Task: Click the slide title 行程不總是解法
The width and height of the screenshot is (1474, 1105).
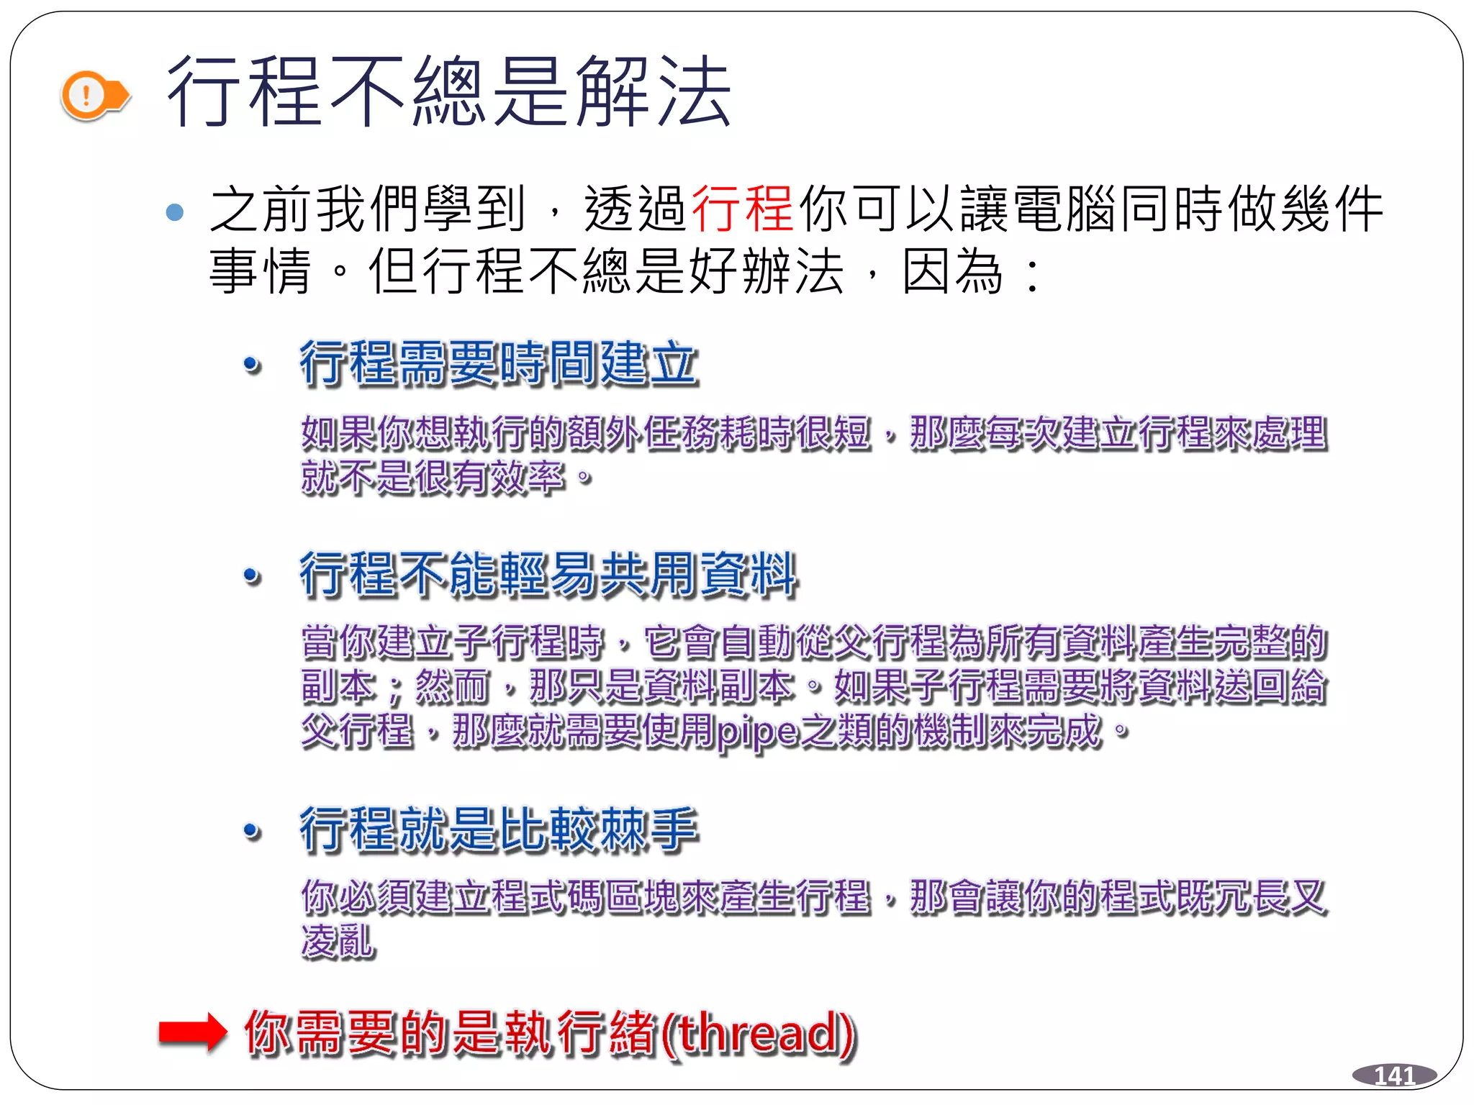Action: [448, 92]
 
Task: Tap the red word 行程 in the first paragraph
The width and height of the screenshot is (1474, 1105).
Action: [742, 209]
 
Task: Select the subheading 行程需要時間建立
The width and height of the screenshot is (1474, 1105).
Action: [499, 363]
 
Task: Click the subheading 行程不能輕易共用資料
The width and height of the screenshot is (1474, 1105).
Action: [548, 574]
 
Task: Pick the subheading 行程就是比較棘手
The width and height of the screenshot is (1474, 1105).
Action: [499, 829]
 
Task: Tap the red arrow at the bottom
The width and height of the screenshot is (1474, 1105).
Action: [192, 1032]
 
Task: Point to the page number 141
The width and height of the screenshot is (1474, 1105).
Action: [1394, 1075]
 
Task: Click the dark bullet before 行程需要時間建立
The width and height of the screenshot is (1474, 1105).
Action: [252, 365]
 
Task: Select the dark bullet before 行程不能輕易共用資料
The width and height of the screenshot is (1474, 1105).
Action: [252, 576]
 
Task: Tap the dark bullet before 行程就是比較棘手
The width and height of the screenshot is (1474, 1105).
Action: [252, 832]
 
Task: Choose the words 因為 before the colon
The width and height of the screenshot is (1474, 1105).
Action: [952, 271]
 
